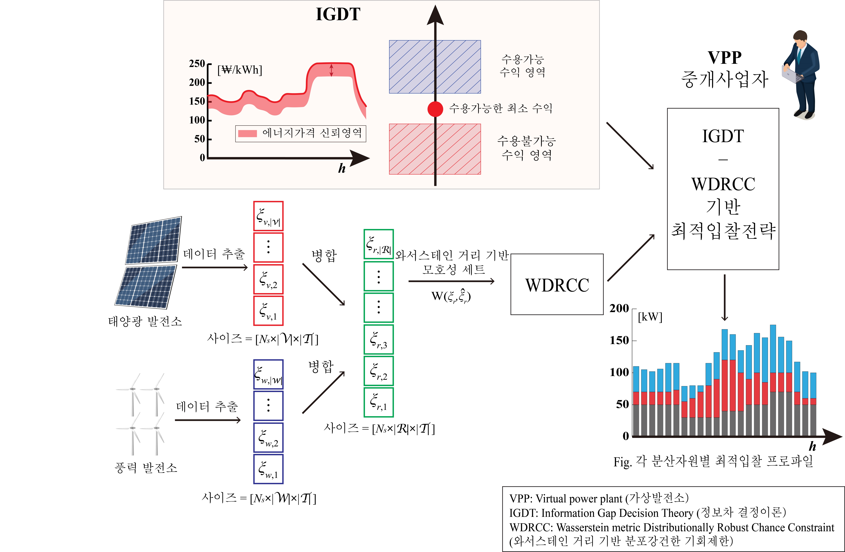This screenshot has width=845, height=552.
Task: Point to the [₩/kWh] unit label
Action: (240, 70)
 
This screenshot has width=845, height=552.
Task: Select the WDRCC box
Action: (557, 284)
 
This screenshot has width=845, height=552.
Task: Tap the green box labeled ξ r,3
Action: (378, 339)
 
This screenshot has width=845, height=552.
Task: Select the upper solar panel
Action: (154, 240)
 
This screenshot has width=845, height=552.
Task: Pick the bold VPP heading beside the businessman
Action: (724, 57)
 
